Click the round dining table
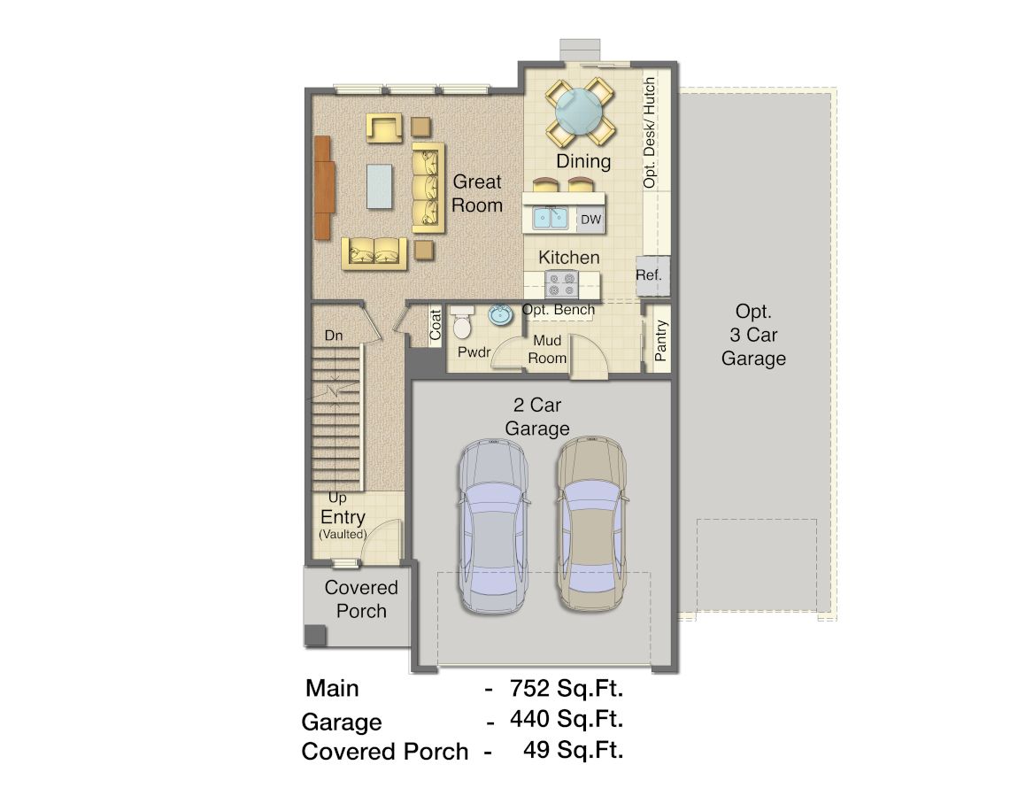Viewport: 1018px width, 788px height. tap(579, 111)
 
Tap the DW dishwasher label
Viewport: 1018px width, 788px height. tap(590, 220)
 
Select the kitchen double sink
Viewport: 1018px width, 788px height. tap(551, 218)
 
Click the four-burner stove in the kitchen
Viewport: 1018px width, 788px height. tap(561, 284)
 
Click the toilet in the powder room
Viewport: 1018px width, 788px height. tap(461, 323)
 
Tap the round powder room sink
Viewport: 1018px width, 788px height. tap(500, 315)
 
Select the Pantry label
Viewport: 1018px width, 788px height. tap(660, 340)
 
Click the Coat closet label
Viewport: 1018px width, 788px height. tap(435, 324)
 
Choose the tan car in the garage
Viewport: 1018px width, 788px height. tap(590, 523)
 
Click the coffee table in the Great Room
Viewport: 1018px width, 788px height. tap(379, 186)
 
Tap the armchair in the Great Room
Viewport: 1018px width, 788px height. tap(383, 127)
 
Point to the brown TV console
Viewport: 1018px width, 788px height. tap(323, 188)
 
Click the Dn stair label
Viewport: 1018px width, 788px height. tap(334, 336)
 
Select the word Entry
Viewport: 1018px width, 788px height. tap(343, 517)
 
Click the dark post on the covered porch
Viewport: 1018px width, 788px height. tap(315, 635)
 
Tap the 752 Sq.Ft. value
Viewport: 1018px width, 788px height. tap(567, 688)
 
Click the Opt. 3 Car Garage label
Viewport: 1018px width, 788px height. tap(753, 335)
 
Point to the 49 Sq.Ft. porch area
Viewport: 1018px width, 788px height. tap(574, 750)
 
